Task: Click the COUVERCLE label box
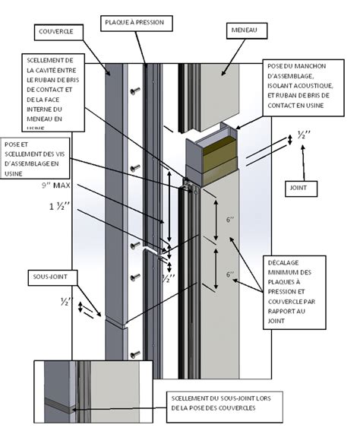coord(55,32)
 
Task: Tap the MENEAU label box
coord(245,31)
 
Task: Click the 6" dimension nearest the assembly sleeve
coord(229,220)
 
